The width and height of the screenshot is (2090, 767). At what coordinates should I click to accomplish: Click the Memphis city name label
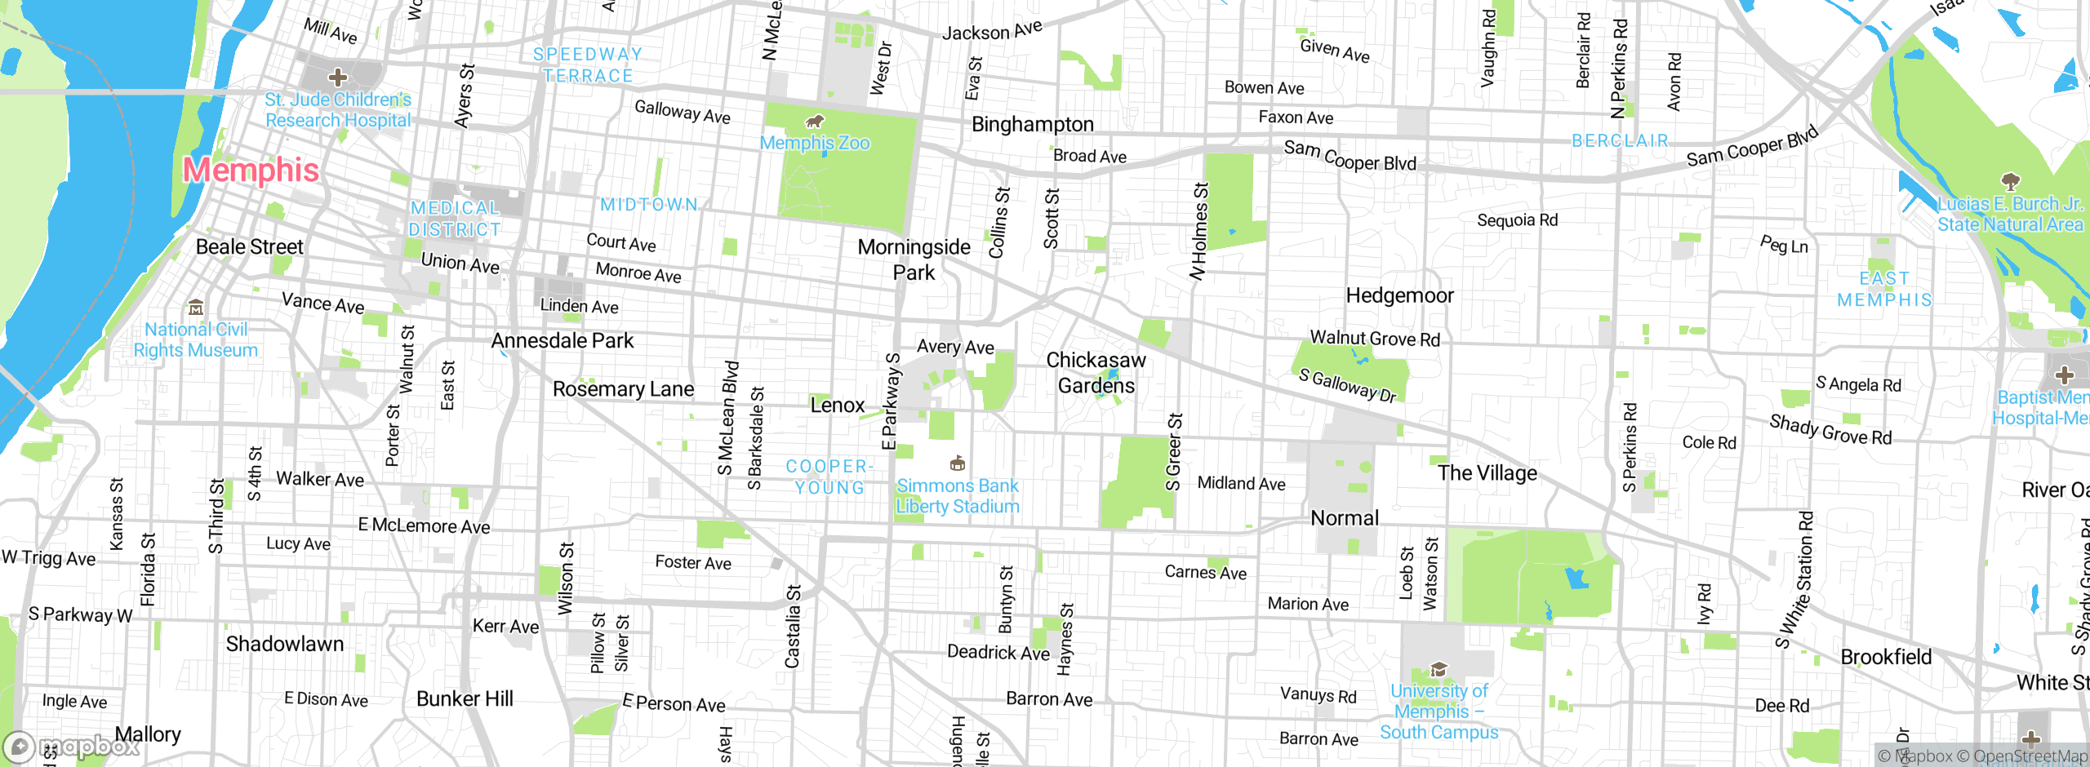click(x=251, y=170)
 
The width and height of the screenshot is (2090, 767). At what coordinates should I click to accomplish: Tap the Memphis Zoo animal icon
click(x=814, y=122)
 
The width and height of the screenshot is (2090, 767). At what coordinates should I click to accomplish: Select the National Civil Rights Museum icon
click(x=196, y=308)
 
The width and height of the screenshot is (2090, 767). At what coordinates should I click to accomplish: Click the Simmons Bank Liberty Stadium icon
click(x=958, y=463)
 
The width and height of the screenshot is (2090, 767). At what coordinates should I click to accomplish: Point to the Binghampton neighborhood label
click(x=1032, y=124)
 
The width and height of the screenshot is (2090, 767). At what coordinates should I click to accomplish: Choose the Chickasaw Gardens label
click(x=1096, y=372)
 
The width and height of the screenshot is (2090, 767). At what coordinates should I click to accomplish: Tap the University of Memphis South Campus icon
click(x=1439, y=670)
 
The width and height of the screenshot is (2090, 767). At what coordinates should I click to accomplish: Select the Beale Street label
click(x=249, y=246)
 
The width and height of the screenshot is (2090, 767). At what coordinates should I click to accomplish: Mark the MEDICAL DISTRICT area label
click(x=455, y=219)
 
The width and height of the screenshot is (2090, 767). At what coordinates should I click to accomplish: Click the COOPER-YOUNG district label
click(x=829, y=477)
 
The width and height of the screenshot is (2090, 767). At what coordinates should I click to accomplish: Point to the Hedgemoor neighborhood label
click(x=1399, y=295)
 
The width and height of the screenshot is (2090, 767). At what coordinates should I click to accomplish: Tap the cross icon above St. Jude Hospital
click(x=337, y=78)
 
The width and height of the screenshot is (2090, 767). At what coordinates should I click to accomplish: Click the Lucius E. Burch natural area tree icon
click(x=2010, y=180)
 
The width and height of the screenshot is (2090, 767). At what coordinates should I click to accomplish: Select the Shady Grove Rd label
click(x=1830, y=429)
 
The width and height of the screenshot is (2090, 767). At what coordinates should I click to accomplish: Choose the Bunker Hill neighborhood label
click(x=465, y=698)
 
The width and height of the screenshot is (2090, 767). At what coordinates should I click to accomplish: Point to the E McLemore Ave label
click(x=424, y=525)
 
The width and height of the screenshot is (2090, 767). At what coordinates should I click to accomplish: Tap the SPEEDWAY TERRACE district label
click(x=588, y=64)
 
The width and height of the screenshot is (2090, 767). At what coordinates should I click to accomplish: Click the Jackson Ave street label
click(x=992, y=31)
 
